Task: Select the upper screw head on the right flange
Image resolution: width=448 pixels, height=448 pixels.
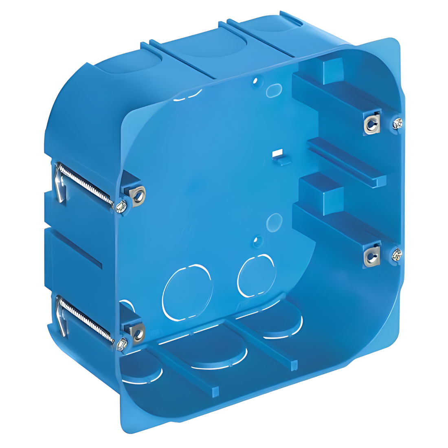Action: pos(397,122)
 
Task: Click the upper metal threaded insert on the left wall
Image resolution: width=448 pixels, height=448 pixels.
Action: pos(138,195)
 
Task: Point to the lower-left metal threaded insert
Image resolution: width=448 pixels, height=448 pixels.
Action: pos(138,333)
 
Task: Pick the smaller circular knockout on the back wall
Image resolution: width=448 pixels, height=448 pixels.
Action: pos(256,275)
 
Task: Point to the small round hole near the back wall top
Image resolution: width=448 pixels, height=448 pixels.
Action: pos(255,81)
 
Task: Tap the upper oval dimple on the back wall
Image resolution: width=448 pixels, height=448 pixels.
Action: pos(274,90)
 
